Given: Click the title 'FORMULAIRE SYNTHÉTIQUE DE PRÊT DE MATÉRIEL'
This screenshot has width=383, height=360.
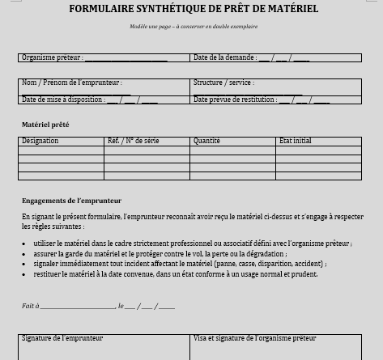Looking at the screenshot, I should coord(194,10).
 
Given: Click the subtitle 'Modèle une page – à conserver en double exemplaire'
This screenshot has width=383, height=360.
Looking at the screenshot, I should coord(194,27).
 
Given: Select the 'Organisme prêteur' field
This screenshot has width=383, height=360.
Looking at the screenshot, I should coord(126,58).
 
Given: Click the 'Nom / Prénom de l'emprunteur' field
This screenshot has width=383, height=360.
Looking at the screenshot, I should coord(104,87).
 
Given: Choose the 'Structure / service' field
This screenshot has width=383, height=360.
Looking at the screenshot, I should coord(275,87).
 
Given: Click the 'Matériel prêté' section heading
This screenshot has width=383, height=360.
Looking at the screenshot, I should coord(45,125).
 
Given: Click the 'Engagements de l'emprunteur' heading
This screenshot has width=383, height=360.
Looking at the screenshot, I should coord(71,200).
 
